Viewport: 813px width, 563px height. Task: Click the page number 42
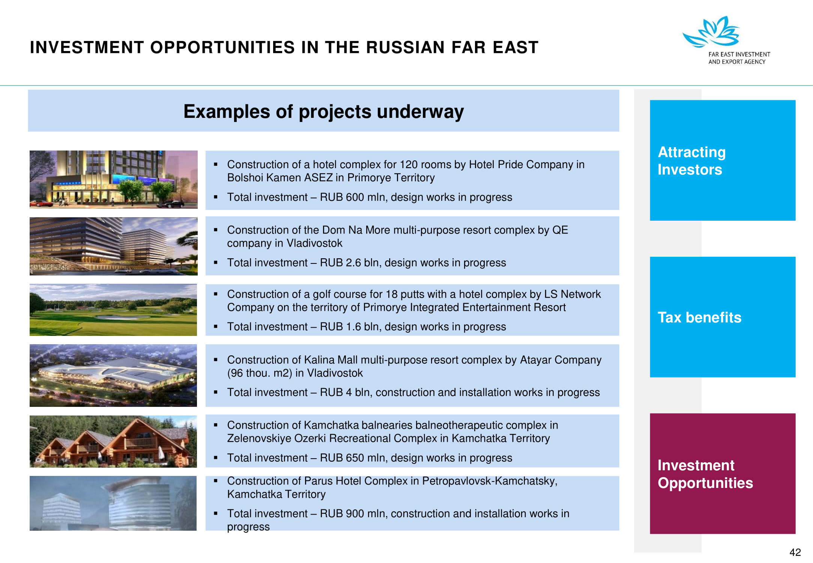(x=795, y=552)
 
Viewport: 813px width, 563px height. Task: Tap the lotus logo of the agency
(x=711, y=32)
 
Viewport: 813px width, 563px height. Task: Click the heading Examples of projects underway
(x=323, y=111)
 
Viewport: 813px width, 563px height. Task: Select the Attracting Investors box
(x=723, y=160)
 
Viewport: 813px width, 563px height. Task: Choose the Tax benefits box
(x=723, y=317)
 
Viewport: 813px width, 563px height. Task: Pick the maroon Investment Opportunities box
(x=723, y=473)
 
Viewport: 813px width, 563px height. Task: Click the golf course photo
(x=113, y=310)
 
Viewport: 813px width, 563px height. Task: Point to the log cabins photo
(x=113, y=441)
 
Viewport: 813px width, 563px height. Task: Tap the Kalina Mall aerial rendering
(x=113, y=375)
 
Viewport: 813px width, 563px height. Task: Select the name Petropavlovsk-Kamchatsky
(x=490, y=481)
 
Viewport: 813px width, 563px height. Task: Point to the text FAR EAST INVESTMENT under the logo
(x=739, y=54)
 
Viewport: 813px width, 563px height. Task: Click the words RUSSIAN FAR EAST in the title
(x=452, y=47)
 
